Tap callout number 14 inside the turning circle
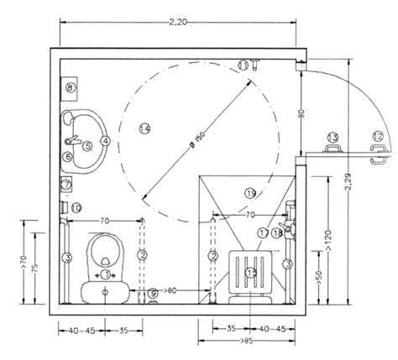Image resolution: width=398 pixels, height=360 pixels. (x=144, y=128)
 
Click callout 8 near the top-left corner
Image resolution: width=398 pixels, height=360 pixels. (x=70, y=86)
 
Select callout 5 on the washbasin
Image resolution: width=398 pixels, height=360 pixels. (x=86, y=144)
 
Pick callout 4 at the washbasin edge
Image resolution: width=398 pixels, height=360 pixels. (x=106, y=141)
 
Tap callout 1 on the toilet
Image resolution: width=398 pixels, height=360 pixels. (x=105, y=274)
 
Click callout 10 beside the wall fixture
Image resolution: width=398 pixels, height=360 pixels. (x=76, y=207)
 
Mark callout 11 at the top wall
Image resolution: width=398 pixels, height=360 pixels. (x=243, y=65)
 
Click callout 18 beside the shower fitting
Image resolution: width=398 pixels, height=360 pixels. (x=277, y=232)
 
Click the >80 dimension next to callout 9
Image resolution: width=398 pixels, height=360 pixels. (x=173, y=291)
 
